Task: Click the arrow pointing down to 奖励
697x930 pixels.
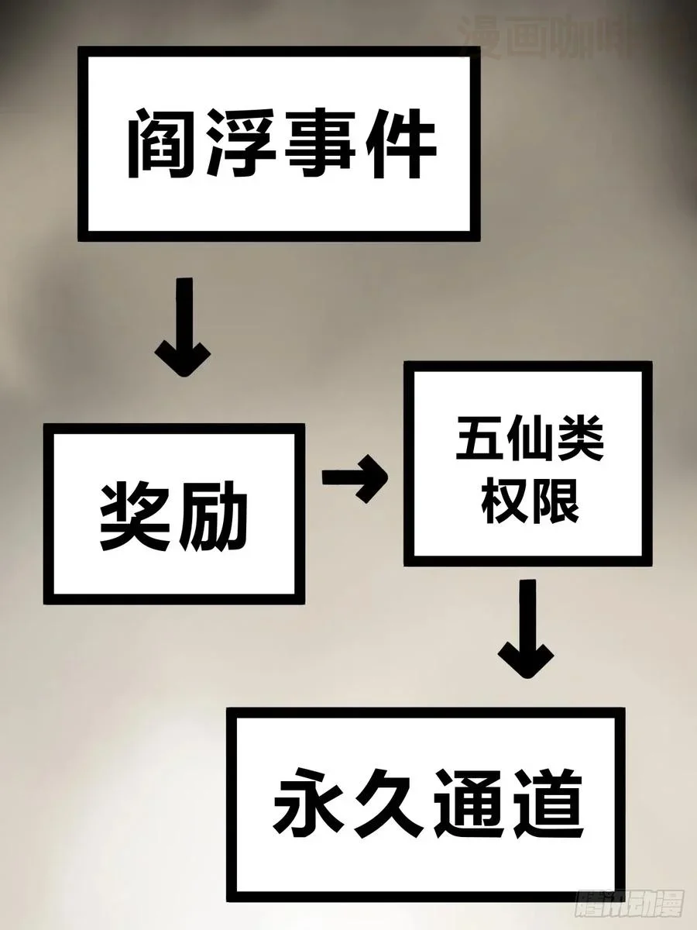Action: tap(183, 329)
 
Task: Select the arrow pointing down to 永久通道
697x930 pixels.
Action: tap(527, 628)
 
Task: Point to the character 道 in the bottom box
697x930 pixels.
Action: tap(547, 801)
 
